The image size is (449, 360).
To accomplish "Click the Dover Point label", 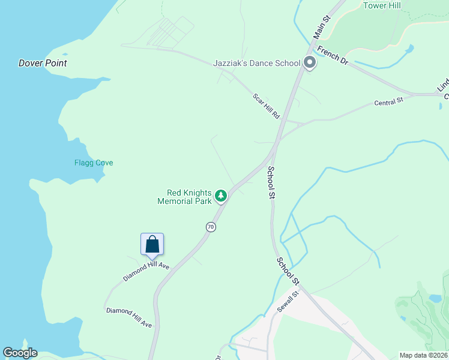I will pyautogui.click(x=43, y=63).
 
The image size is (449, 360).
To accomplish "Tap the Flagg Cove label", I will pyautogui.click(x=94, y=163).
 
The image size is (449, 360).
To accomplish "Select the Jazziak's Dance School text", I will pyautogui.click(x=257, y=63).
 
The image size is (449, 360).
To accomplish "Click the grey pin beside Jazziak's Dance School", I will pyautogui.click(x=310, y=62).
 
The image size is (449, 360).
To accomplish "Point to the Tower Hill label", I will pyautogui.click(x=382, y=5).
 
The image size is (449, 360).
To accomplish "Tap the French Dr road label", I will pyautogui.click(x=333, y=55).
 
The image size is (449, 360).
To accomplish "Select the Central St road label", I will pyautogui.click(x=388, y=103).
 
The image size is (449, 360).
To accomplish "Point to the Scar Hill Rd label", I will pyautogui.click(x=267, y=106).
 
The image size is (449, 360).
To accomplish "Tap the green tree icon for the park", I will pyautogui.click(x=221, y=196).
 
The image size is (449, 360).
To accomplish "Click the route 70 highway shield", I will pyautogui.click(x=210, y=227).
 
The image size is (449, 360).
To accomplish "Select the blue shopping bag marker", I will pyautogui.click(x=152, y=244).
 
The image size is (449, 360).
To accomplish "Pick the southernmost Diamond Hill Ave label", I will pyautogui.click(x=129, y=317).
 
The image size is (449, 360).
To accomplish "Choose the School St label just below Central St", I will pyautogui.click(x=271, y=183).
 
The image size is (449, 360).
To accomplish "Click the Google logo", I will pyautogui.click(x=20, y=353).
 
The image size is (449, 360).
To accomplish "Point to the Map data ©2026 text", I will pyautogui.click(x=423, y=355).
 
